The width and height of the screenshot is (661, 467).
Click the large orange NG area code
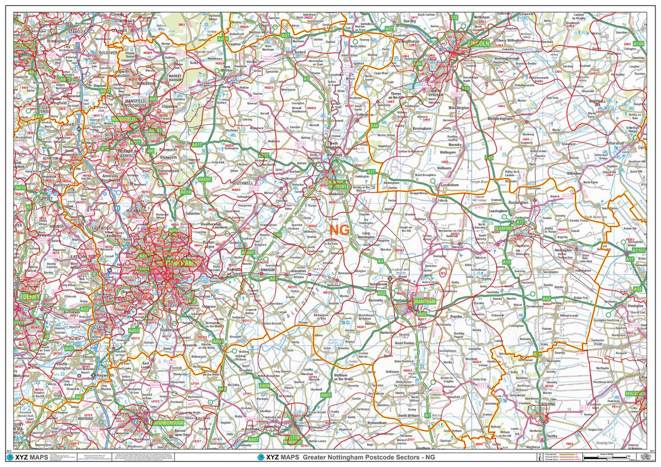coord(339,229)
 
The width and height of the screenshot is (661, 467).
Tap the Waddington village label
coord(459,108)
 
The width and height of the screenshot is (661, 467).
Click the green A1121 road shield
coord(639,250)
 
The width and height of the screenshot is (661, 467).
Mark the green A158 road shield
coord(638,43)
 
